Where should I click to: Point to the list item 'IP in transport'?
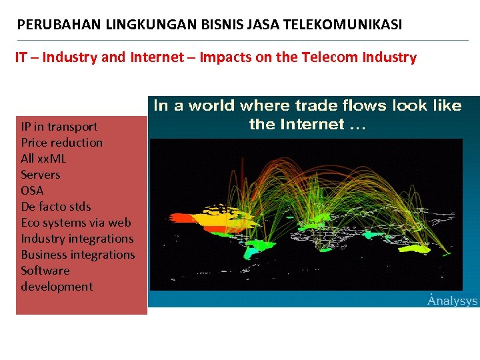point(59,127)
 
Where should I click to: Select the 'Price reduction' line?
point(61,143)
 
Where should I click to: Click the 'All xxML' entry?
point(43,159)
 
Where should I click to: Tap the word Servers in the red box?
point(40,175)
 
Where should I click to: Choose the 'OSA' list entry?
point(32,191)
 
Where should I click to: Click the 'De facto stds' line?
point(55,207)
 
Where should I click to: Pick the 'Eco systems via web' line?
point(75,223)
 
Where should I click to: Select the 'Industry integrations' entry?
point(77,239)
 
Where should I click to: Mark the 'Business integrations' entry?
point(77,255)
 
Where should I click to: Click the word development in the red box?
point(57,287)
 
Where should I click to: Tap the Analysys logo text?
point(452,301)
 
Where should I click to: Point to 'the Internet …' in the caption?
point(307,124)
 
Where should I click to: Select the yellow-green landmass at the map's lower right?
point(417,249)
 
